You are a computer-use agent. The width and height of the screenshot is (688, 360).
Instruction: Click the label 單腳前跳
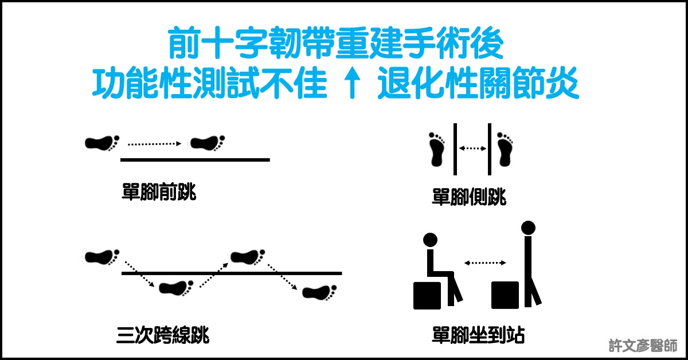click(x=159, y=191)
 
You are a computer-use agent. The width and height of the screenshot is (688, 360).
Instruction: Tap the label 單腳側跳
click(x=469, y=197)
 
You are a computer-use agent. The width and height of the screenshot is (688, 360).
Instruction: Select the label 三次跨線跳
click(x=163, y=335)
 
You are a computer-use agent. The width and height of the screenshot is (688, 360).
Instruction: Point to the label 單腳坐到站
click(x=478, y=334)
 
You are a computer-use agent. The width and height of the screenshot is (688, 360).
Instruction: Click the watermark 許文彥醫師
click(x=643, y=346)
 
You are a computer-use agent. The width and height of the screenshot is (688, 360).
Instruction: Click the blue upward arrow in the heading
click(x=352, y=83)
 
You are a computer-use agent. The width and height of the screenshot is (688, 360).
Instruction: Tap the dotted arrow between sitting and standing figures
click(x=485, y=263)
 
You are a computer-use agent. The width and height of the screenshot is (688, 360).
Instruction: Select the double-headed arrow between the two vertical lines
click(x=472, y=148)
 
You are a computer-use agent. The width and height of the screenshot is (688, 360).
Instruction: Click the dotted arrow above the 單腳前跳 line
click(x=154, y=144)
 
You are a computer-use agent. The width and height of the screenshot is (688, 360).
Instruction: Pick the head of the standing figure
click(x=528, y=228)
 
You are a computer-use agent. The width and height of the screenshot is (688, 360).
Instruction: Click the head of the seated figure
click(x=430, y=240)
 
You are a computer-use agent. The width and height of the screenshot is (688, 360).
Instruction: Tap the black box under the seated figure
click(x=427, y=295)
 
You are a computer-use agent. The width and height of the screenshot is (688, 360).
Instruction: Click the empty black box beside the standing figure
click(x=505, y=295)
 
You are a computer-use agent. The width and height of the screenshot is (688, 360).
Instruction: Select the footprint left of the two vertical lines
click(x=436, y=149)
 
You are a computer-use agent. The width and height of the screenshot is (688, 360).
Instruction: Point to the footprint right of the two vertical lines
click(x=505, y=149)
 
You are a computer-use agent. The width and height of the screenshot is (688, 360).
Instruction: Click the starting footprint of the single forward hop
click(x=102, y=143)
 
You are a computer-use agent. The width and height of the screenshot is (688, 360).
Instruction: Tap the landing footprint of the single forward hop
click(x=208, y=143)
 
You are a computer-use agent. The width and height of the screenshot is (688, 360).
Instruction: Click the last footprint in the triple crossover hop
click(x=319, y=292)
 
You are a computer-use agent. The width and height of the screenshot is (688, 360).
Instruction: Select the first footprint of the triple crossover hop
click(x=102, y=257)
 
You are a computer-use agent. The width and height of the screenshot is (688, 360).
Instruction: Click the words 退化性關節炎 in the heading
click(x=478, y=83)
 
